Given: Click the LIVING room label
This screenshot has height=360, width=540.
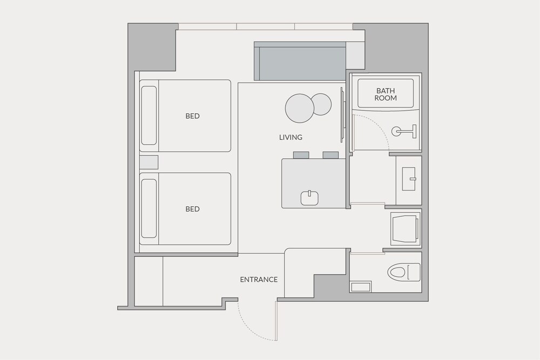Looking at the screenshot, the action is [x=291, y=137].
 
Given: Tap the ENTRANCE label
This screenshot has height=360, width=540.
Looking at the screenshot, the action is [x=259, y=280].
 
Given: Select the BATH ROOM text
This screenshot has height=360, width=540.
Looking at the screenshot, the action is [x=386, y=94].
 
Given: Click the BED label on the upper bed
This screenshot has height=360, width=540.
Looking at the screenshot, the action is [x=192, y=116].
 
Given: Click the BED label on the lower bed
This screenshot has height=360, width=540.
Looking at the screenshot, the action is [x=192, y=209].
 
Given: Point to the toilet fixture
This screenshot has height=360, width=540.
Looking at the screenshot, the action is [x=403, y=272].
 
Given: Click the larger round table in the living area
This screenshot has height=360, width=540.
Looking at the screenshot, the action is [x=300, y=108].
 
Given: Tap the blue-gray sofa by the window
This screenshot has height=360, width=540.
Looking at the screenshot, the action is [x=300, y=62].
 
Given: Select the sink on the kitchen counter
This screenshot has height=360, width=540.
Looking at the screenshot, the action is [x=309, y=198].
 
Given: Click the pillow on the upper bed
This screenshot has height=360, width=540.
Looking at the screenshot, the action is [x=149, y=116].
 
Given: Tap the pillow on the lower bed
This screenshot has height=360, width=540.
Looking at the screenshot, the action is [x=149, y=208].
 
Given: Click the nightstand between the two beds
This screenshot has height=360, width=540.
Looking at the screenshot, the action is [x=149, y=162].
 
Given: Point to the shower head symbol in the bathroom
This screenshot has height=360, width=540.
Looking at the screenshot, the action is [x=403, y=131].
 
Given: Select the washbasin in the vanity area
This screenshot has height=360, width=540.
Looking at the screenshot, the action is [x=409, y=179].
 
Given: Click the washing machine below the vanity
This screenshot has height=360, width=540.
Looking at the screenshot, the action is [x=405, y=227].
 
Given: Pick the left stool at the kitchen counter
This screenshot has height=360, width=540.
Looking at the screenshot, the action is [x=301, y=155].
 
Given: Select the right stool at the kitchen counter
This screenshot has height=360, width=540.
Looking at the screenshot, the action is [x=330, y=155].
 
